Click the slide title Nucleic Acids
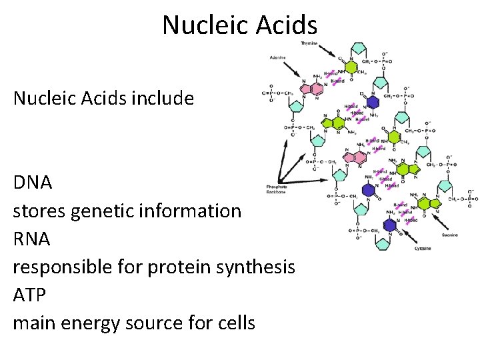(240, 25)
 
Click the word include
(164, 99)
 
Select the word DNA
(33, 181)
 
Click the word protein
(181, 267)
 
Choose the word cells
(233, 323)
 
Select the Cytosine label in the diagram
(423, 248)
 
